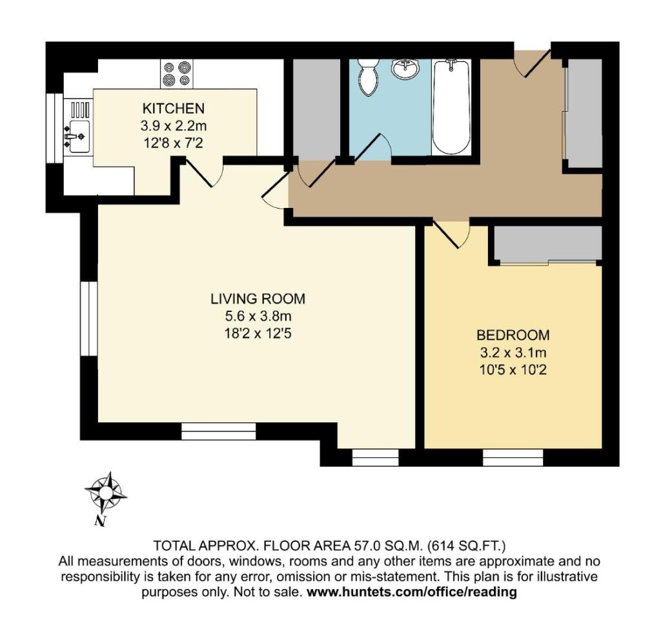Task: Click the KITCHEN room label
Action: coord(174,108)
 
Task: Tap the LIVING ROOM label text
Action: coord(258,299)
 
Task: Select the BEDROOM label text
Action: coord(513,335)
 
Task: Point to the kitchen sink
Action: coord(79,136)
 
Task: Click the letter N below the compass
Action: coord(99,520)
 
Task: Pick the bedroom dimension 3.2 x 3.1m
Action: coord(513,353)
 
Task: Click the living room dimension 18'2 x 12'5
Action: coord(258,334)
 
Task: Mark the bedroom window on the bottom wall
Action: coord(513,458)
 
